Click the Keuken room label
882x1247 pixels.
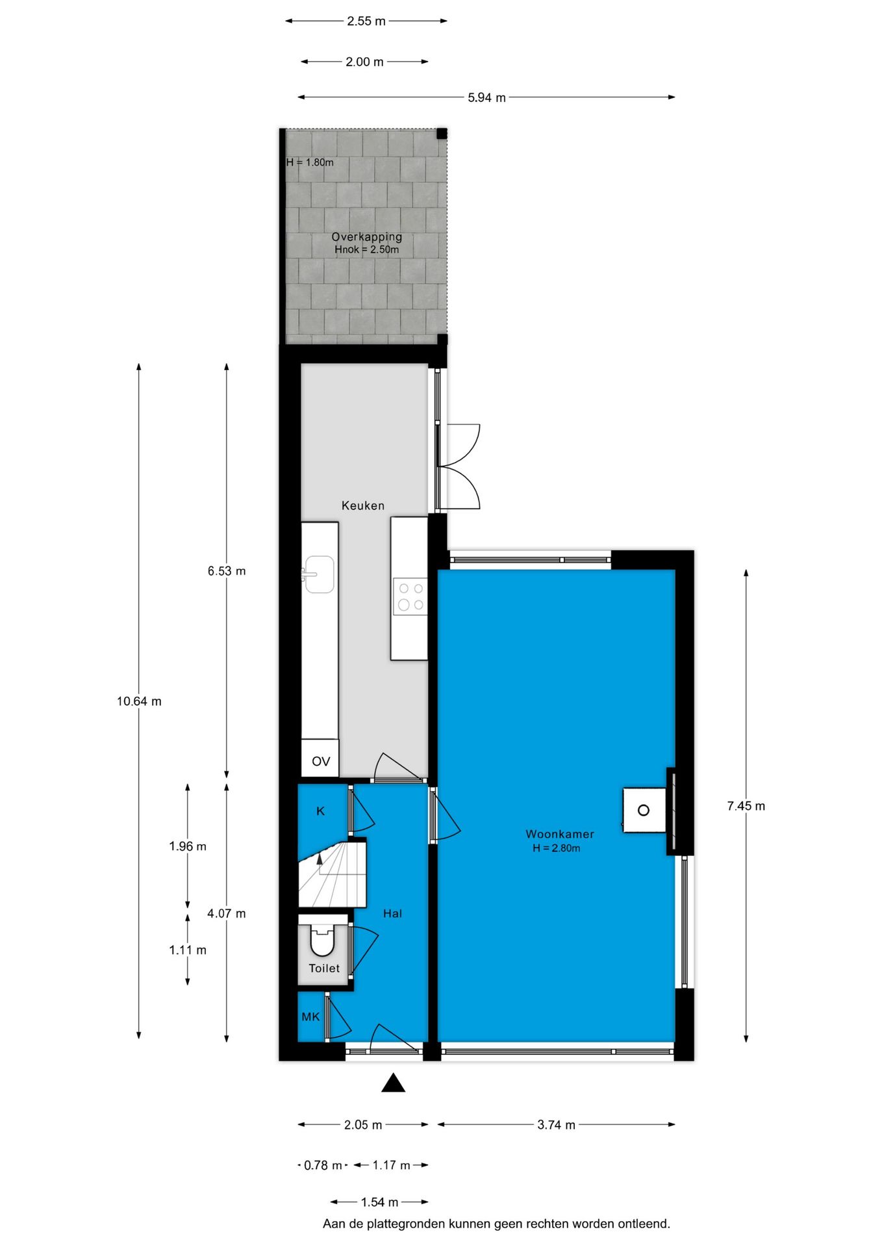click(362, 505)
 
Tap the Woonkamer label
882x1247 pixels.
click(559, 834)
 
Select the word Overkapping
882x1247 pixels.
click(366, 237)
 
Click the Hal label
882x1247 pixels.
click(392, 914)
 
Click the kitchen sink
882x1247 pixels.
click(319, 574)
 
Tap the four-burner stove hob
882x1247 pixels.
click(410, 596)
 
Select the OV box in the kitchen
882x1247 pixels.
click(320, 761)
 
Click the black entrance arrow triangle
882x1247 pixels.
click(393, 1083)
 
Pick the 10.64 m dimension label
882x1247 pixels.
click(139, 701)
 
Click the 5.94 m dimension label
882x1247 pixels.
click(486, 98)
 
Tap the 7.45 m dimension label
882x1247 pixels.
click(746, 806)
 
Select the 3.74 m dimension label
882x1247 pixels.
click(556, 1125)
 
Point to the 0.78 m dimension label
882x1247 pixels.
click(323, 1165)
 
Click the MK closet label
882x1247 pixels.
click(310, 1016)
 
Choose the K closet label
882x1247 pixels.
click(320, 811)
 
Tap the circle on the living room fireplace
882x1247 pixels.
click(643, 810)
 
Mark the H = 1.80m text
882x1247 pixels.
click(310, 162)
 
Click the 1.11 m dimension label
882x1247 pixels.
click(188, 950)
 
